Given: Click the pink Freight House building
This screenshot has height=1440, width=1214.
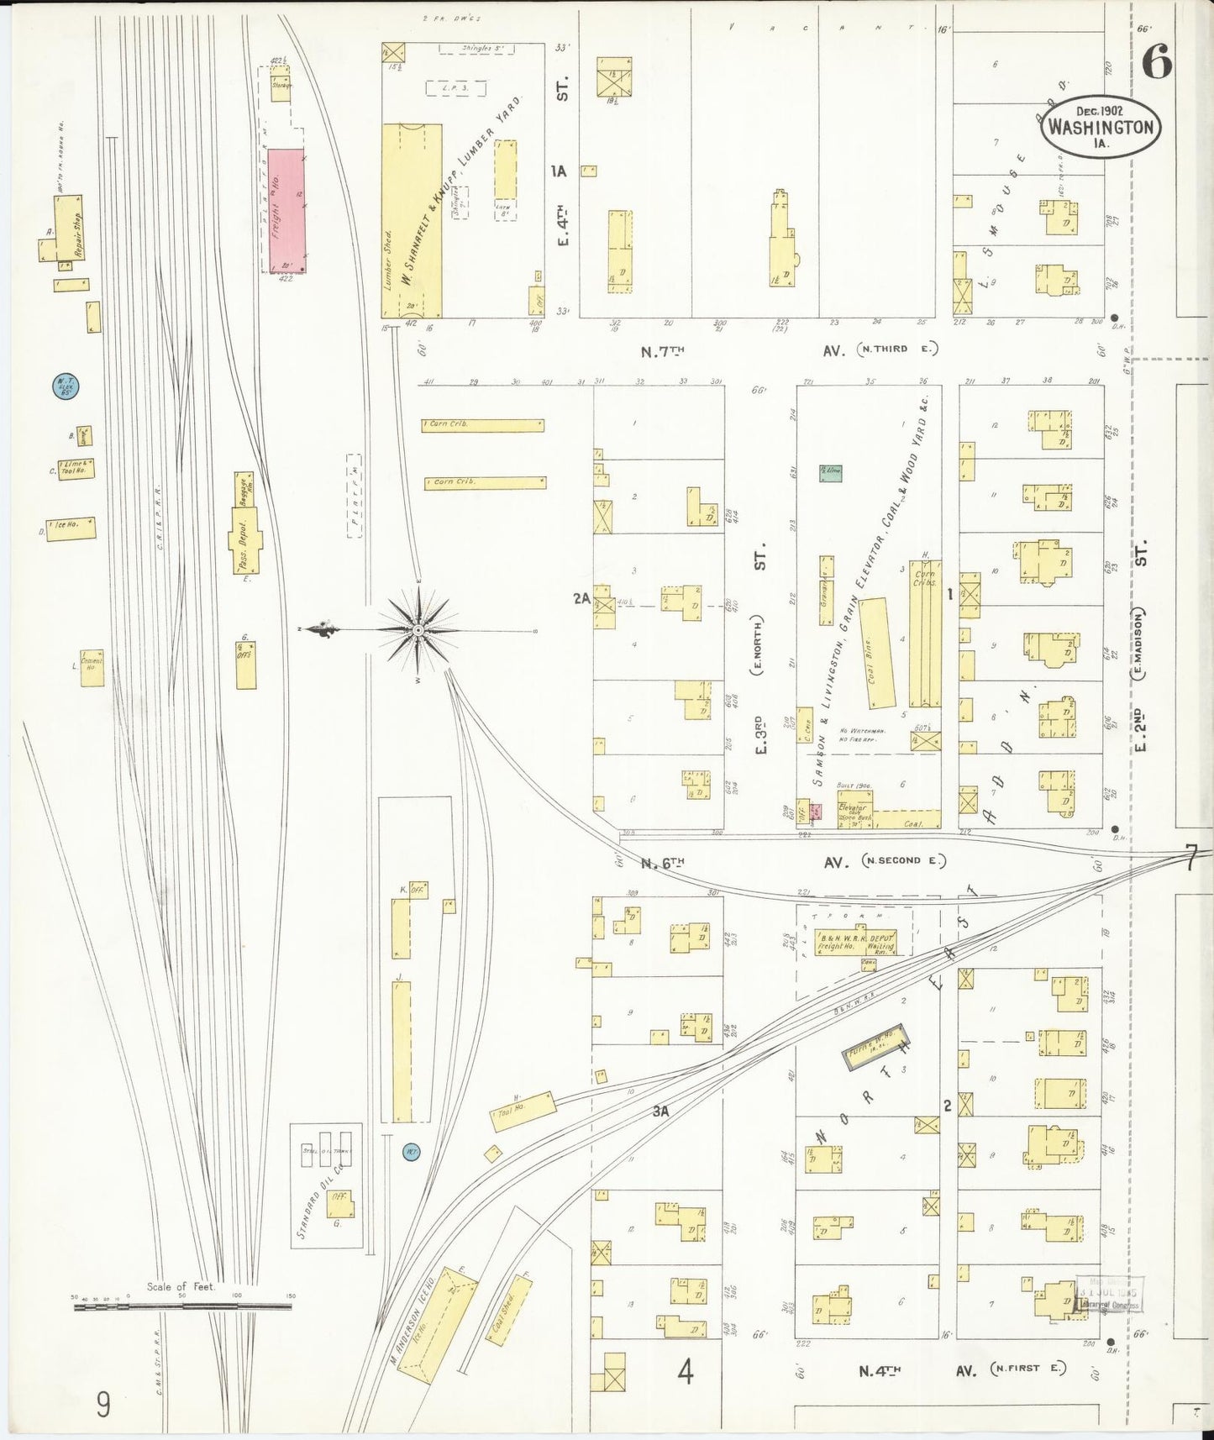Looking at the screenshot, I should click(287, 210).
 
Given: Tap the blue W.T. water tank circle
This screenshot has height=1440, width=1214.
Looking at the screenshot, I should click(65, 386).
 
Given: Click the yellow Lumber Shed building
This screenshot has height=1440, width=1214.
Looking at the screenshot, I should click(412, 220).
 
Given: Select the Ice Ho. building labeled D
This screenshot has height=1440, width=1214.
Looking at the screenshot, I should click(71, 528).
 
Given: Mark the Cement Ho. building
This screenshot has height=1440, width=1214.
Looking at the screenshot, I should click(92, 668).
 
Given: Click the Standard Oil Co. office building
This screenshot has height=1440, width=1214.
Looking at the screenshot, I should click(340, 1204).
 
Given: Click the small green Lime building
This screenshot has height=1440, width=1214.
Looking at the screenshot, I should click(831, 472).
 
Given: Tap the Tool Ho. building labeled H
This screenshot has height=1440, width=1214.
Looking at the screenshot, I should click(523, 1112).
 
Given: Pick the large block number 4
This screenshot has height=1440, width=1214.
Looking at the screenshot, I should click(686, 1373).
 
